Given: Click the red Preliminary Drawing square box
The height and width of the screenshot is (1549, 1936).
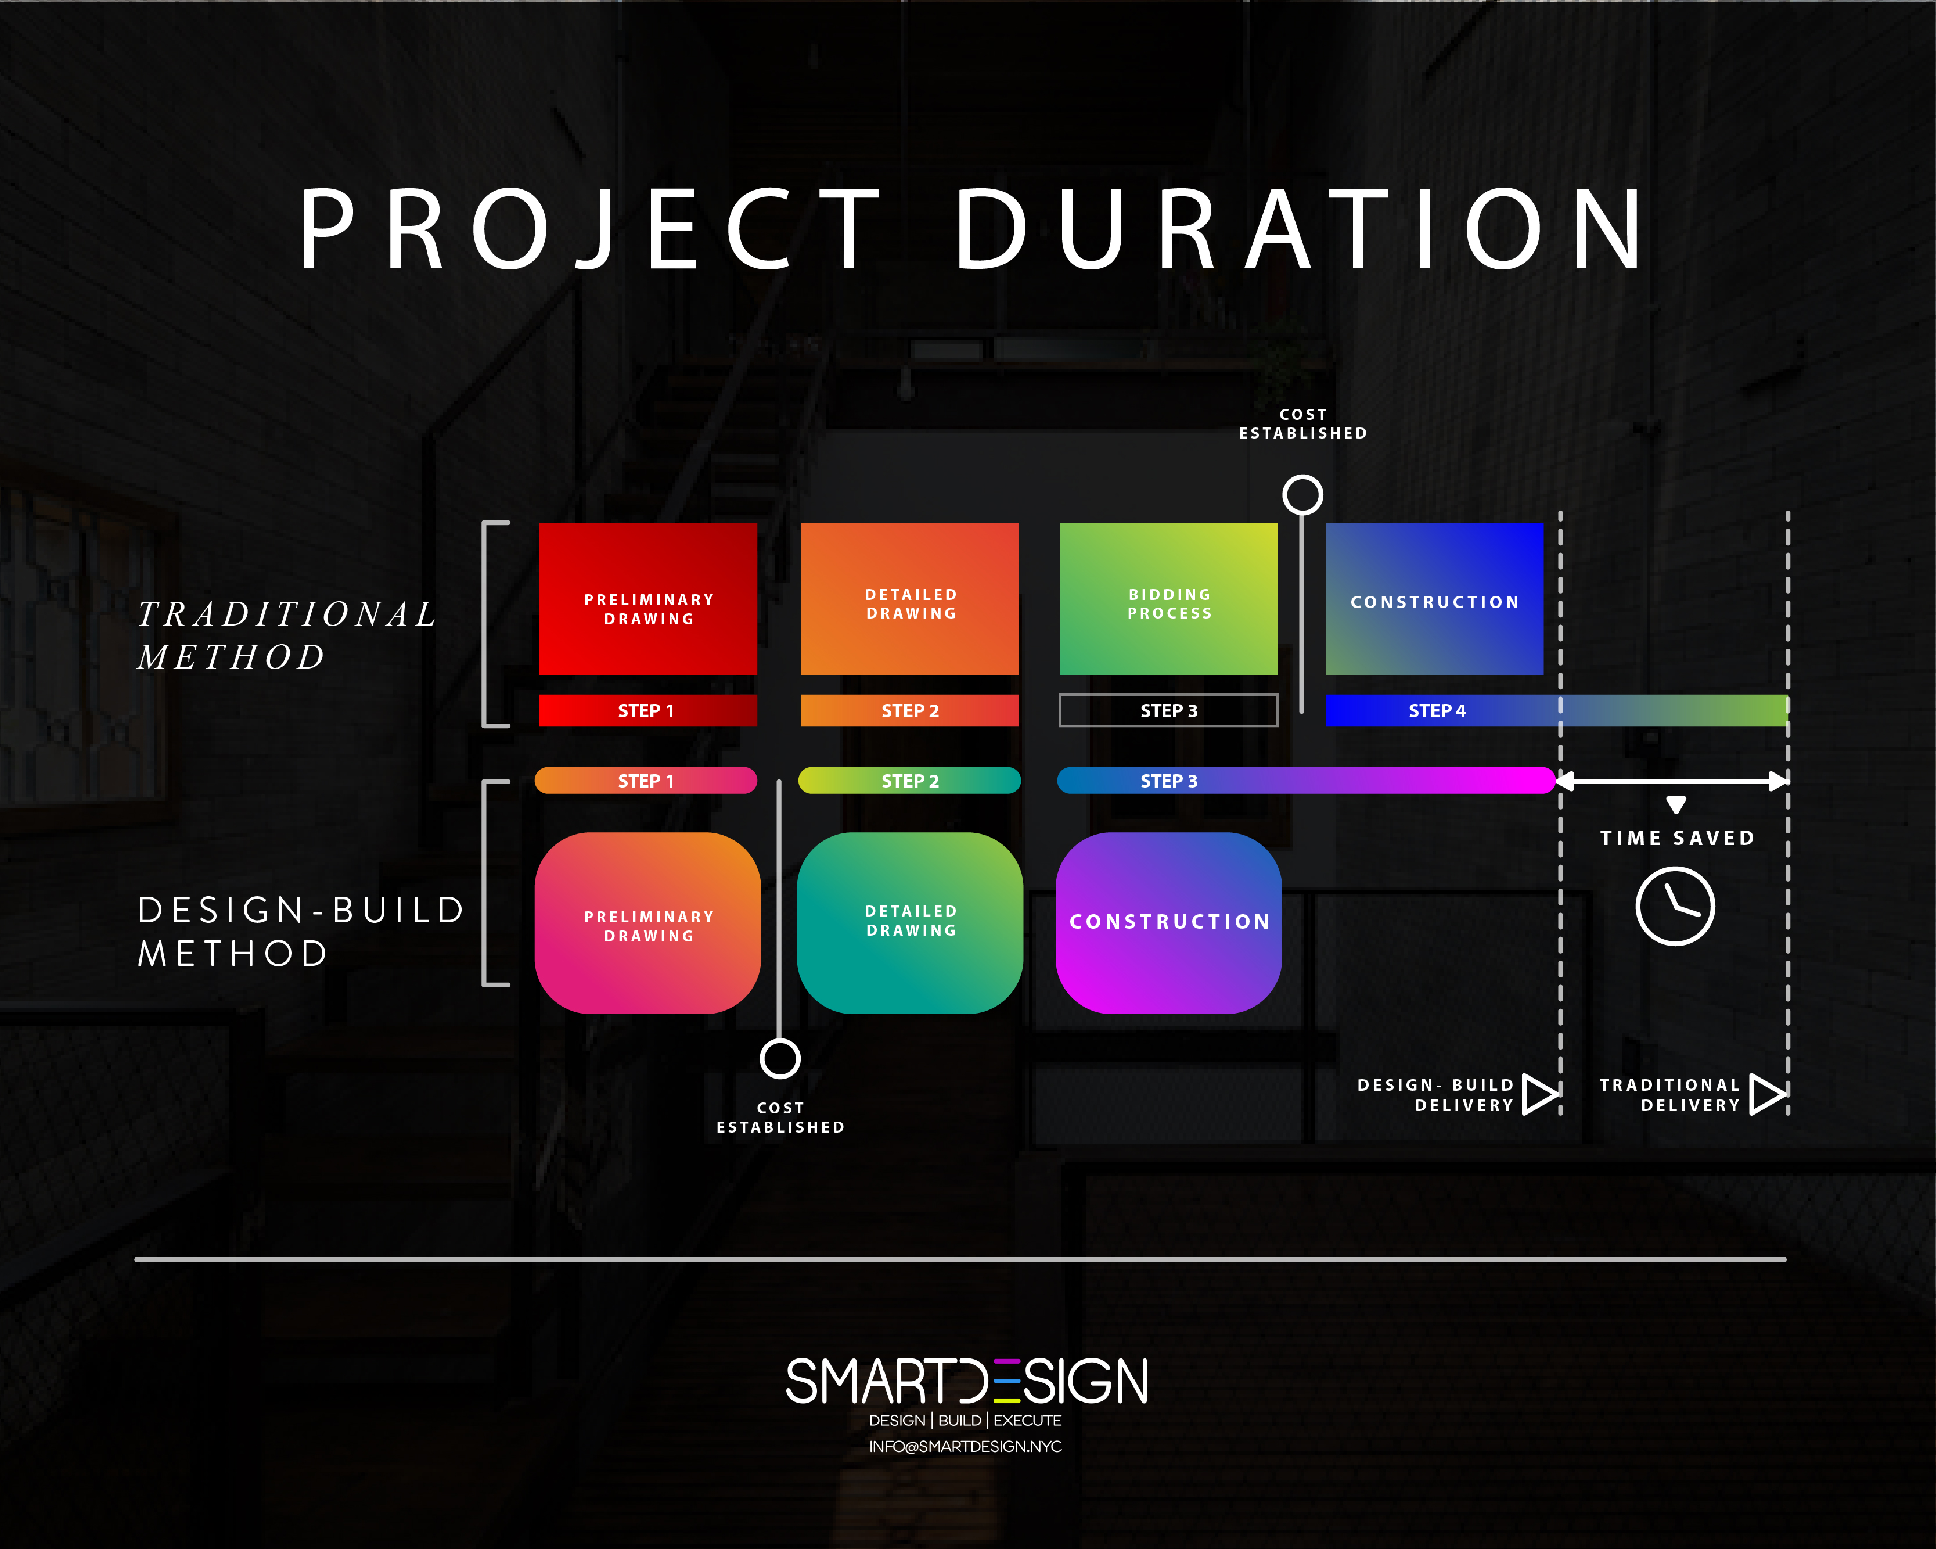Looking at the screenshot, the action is click(x=647, y=599).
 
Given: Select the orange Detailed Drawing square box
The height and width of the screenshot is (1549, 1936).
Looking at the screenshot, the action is click(x=909, y=599).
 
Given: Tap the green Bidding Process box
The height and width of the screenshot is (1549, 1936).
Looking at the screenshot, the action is click(x=1168, y=599).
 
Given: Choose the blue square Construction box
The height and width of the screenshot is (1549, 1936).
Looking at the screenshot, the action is click(x=1434, y=599).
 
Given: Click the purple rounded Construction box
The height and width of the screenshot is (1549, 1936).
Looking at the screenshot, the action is click(x=1168, y=923).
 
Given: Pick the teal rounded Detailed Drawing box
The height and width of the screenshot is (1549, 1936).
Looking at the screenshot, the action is click(x=909, y=923).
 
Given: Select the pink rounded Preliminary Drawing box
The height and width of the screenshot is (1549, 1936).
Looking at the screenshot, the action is click(x=647, y=923).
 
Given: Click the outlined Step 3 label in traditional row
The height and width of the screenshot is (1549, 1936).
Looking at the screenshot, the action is click(x=1168, y=710).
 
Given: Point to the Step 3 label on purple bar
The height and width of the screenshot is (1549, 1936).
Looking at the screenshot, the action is click(x=1169, y=781).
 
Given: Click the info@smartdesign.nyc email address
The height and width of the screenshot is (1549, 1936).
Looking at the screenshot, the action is click(x=965, y=1447).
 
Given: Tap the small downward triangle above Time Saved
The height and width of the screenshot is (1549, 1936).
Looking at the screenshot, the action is click(x=1676, y=804).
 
